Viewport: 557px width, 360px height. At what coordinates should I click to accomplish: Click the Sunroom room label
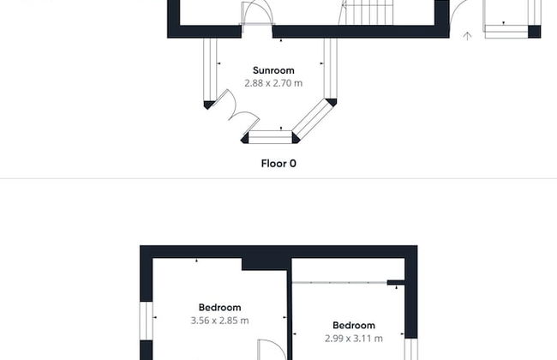(273, 70)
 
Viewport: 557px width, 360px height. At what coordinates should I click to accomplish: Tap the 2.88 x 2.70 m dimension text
(273, 83)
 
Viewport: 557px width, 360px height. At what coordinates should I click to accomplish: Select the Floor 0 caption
(278, 164)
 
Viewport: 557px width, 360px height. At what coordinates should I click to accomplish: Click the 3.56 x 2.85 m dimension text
(219, 321)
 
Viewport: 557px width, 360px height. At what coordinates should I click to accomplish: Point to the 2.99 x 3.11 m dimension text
(354, 339)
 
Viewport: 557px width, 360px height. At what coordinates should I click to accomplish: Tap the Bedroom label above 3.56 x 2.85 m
(219, 308)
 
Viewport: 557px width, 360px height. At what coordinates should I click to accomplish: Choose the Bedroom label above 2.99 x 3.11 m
(354, 325)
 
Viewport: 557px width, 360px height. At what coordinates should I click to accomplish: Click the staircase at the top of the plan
(366, 13)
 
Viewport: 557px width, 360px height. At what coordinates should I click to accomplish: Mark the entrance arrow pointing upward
(467, 36)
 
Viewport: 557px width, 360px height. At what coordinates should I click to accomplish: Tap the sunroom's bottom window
(270, 137)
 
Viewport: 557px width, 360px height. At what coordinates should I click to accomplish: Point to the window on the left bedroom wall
(147, 321)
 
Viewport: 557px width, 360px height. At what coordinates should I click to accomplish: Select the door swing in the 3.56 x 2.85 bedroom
(272, 350)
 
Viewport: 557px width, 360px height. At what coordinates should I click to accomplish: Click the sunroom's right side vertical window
(331, 69)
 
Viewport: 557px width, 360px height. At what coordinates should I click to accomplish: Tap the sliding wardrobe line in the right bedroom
(339, 283)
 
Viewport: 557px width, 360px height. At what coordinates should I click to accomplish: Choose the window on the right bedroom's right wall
(411, 350)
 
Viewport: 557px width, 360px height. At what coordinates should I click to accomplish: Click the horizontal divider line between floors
(278, 179)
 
